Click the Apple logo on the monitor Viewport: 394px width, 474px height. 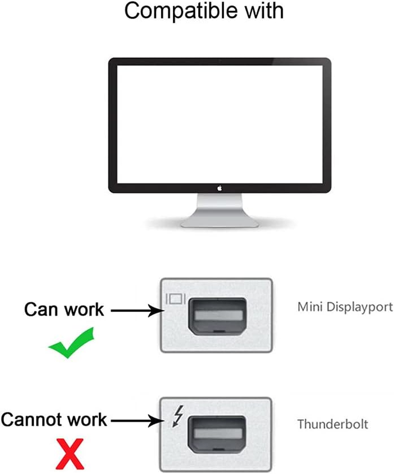[x=219, y=187]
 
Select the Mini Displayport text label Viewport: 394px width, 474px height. [x=345, y=307]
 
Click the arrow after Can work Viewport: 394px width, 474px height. [x=136, y=310]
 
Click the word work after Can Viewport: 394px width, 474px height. [x=85, y=309]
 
